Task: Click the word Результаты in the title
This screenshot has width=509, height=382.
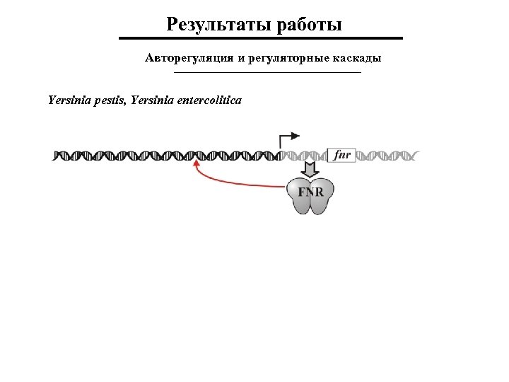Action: coord(215,25)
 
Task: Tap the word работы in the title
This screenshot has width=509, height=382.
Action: coord(305,25)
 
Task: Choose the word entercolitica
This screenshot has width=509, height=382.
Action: coord(206,100)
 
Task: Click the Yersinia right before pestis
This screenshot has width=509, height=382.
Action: coord(70,100)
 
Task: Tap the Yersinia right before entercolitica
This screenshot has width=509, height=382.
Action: coord(150,100)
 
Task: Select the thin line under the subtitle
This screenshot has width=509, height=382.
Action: coord(267,73)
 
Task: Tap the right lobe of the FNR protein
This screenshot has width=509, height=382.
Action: coord(322,201)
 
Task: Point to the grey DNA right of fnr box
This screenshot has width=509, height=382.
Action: coord(389,155)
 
